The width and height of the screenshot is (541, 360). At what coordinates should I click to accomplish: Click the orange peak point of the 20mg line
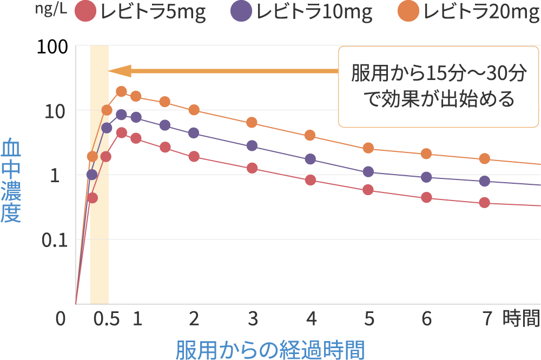(x=121, y=91)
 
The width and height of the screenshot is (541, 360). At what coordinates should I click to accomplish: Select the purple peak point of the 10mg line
(x=121, y=115)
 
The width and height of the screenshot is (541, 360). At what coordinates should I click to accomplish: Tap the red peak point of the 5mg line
(x=121, y=132)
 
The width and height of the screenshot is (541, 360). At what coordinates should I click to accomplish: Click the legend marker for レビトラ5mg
(x=85, y=12)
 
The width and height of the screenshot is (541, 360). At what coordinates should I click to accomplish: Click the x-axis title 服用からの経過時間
(x=270, y=349)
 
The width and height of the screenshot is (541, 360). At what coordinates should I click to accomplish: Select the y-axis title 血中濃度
(x=11, y=181)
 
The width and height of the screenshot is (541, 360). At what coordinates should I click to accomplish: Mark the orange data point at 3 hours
(x=252, y=123)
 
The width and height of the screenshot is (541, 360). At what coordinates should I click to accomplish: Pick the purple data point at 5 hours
(x=368, y=172)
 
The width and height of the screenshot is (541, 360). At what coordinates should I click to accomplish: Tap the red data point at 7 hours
(x=485, y=203)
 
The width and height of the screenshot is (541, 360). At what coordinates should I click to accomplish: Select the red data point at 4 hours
(x=311, y=180)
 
